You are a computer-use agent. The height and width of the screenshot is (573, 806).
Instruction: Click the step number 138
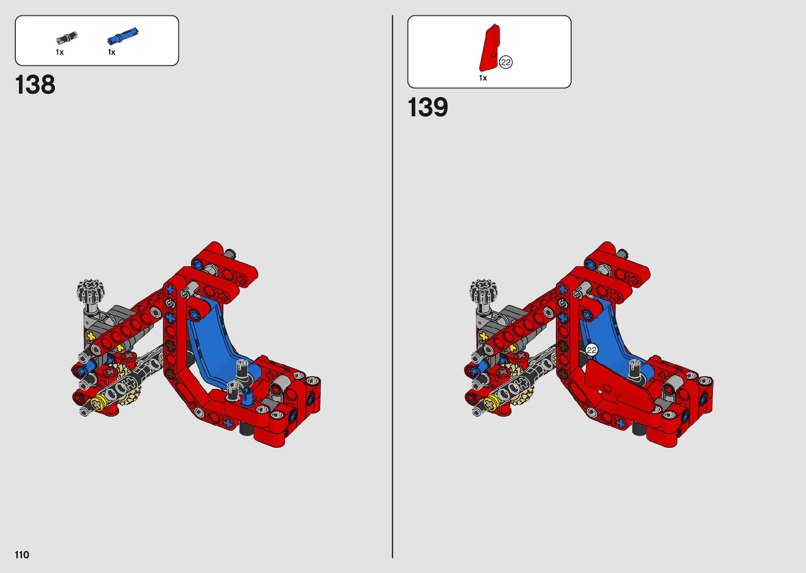[x=35, y=85]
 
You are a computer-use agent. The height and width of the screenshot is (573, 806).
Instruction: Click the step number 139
[x=428, y=107]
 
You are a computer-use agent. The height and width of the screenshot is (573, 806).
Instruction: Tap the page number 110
[x=22, y=555]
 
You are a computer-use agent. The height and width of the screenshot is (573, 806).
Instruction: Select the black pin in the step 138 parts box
[x=67, y=38]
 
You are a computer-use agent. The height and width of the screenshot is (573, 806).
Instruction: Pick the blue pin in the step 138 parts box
[x=123, y=36]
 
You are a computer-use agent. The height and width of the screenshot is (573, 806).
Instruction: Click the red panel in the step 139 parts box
[x=489, y=48]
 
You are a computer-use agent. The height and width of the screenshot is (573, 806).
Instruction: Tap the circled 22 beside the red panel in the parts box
[x=506, y=62]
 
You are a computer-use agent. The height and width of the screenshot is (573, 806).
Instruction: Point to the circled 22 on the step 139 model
[x=592, y=350]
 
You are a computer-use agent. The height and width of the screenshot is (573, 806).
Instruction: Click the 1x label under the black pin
[x=59, y=52]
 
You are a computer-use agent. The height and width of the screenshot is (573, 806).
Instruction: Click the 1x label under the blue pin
[x=112, y=52]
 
